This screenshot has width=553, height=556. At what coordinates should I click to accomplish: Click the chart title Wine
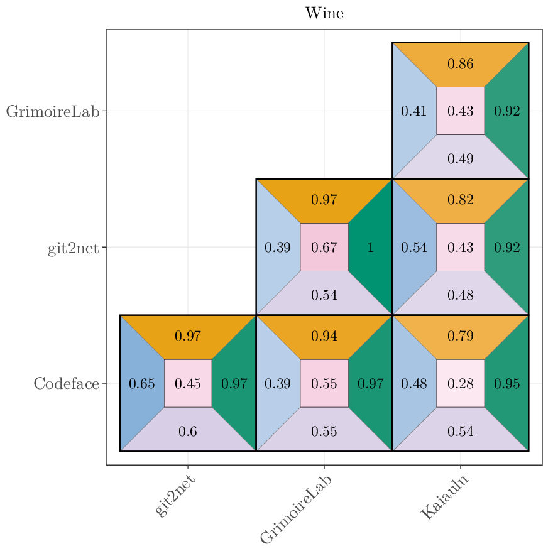click(x=324, y=13)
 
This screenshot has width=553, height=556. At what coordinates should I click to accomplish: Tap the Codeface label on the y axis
click(x=66, y=384)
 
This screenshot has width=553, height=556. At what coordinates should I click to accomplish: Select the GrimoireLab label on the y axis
click(x=53, y=112)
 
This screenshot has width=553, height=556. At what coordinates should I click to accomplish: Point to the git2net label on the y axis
click(x=73, y=248)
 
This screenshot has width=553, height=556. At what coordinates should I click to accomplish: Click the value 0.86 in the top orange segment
click(x=460, y=64)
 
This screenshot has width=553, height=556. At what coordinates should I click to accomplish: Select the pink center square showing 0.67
click(x=324, y=248)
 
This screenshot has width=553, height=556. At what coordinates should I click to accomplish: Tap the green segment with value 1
click(x=371, y=248)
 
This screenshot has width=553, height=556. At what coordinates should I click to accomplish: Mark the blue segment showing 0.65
click(x=141, y=384)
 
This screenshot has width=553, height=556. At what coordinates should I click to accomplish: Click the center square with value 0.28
click(x=460, y=384)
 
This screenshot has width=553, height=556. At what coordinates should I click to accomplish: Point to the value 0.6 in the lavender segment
click(x=187, y=432)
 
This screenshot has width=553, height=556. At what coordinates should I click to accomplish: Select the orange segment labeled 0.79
click(x=460, y=337)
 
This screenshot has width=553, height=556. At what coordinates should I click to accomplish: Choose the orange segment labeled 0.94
click(x=324, y=337)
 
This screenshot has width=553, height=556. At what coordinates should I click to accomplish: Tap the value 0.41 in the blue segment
click(x=413, y=112)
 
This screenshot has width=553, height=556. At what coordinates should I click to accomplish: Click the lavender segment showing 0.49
click(x=460, y=159)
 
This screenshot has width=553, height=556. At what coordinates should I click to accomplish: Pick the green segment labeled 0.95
click(x=506, y=384)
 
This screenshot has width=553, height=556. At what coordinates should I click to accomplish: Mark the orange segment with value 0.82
click(x=460, y=200)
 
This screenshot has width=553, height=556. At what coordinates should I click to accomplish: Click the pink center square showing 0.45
click(x=187, y=384)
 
